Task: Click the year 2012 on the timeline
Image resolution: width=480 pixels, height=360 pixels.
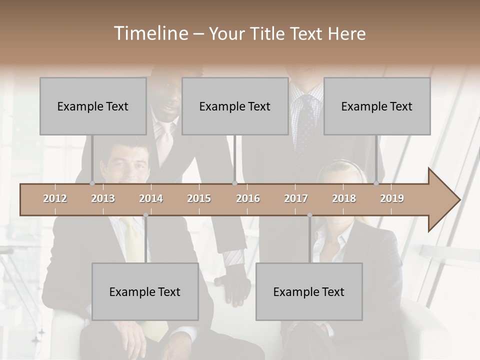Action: point(55,198)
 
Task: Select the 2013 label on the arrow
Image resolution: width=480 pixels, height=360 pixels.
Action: point(103,198)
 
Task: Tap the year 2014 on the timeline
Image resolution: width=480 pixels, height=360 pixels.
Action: point(151,198)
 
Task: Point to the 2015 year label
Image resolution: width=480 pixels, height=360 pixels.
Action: point(199,198)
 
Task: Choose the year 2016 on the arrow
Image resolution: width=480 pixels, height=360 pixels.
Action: point(248,198)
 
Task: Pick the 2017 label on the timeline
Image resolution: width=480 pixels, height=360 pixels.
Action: point(296,198)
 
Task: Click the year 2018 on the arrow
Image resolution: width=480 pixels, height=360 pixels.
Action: point(344,198)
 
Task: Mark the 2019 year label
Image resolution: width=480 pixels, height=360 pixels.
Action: point(392,198)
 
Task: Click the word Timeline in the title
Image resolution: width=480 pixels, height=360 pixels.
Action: point(149,33)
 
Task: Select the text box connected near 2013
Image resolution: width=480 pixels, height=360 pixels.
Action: point(93,106)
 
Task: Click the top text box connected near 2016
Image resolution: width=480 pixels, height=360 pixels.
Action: point(235,106)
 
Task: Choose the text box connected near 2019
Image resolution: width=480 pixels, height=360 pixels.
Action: point(377,106)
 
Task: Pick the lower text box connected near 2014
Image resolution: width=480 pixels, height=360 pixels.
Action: point(145,291)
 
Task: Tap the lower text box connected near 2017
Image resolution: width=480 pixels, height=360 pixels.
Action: point(309,291)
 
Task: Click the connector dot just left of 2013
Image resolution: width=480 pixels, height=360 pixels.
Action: point(92,183)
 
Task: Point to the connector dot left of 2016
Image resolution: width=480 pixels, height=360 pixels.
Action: point(234,183)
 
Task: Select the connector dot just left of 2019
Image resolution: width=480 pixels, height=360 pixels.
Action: point(376,183)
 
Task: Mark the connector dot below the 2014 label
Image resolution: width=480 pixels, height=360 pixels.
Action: point(145,215)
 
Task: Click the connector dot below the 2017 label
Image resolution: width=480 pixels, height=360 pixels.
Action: point(309,215)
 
